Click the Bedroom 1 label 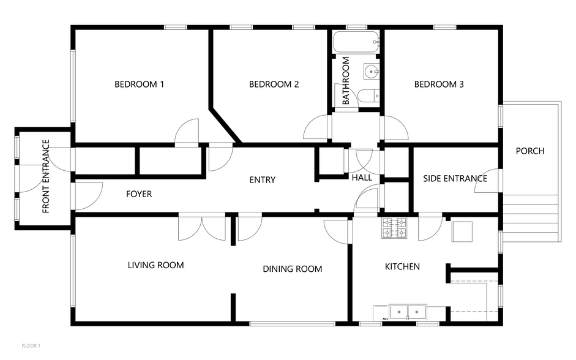[139, 84]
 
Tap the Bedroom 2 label [274, 84]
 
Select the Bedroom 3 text [439, 84]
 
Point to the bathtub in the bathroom [356, 42]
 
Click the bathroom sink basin [372, 71]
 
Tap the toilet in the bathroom [368, 95]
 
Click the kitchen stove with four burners [394, 228]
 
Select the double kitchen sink [408, 312]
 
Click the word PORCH [530, 151]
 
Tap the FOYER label [139, 194]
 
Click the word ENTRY [262, 179]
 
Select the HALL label [362, 178]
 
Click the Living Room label [155, 265]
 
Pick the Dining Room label [293, 269]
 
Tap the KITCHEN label [402, 266]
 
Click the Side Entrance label [455, 179]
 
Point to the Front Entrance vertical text [46, 176]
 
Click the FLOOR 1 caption [31, 346]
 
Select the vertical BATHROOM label [346, 80]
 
